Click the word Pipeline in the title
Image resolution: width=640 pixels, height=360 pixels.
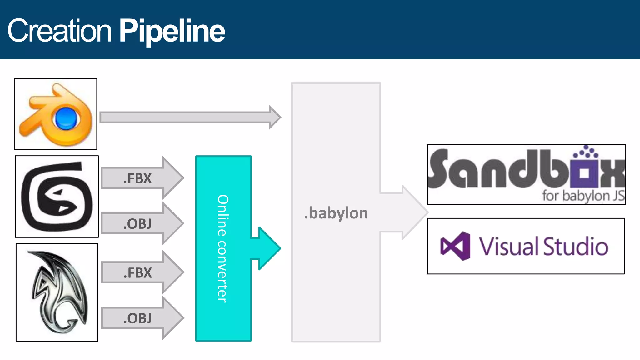[172, 31]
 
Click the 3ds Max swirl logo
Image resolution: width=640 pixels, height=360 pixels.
[57, 197]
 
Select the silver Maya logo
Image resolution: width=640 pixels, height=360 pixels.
[58, 292]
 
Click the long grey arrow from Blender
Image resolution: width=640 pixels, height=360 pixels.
[187, 117]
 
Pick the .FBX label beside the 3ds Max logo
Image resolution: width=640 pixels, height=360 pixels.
[137, 178]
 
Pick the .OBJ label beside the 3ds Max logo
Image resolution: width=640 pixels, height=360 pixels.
[137, 224]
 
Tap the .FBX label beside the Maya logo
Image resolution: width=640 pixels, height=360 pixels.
[137, 273]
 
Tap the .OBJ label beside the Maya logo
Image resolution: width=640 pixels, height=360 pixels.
[137, 318]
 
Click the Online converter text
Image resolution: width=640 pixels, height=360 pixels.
[223, 248]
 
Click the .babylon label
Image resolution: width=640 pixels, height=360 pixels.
[336, 213]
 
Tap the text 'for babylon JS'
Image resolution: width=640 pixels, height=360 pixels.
[583, 196]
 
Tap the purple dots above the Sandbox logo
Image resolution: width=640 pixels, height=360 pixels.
[586, 152]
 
